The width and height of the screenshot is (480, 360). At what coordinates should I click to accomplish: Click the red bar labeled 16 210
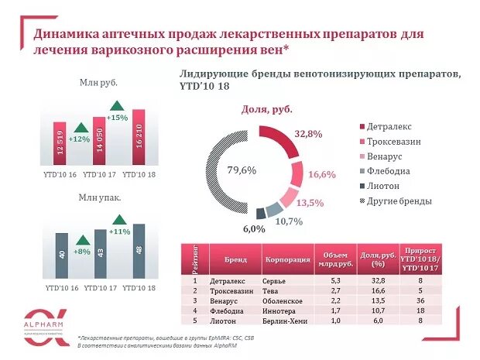[139, 137]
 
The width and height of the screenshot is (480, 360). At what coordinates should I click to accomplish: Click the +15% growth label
[117, 118]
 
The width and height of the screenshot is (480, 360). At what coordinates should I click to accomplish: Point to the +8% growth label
[81, 251]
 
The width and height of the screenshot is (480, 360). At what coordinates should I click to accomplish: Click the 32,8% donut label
[308, 134]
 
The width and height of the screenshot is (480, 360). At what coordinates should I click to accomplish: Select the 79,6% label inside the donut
[241, 170]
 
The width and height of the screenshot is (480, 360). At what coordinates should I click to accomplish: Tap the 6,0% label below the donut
[254, 228]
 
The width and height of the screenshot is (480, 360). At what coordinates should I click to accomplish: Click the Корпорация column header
[283, 259]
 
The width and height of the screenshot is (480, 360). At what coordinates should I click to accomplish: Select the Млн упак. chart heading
[98, 197]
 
